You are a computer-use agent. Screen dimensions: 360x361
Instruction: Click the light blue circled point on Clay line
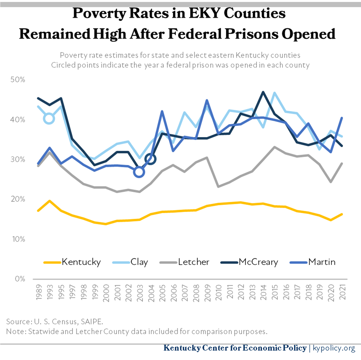pyautogui.click(x=49, y=119)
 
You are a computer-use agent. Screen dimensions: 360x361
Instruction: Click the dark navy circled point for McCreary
pyautogui.click(x=151, y=159)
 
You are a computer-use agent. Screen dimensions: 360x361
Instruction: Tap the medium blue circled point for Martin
pyautogui.click(x=139, y=172)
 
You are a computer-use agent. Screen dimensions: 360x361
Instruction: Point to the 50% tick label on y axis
pyautogui.click(x=18, y=79)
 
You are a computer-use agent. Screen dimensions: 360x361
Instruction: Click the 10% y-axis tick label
pyautogui.click(x=18, y=239)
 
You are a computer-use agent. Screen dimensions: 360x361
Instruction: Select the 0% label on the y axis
pyautogui.click(x=20, y=279)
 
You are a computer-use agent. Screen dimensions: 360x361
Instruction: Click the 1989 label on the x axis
pyautogui.click(x=39, y=292)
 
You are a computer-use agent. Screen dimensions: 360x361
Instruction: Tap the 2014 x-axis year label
pyautogui.click(x=263, y=292)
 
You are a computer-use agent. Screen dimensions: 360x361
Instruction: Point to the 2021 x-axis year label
pyautogui.click(x=342, y=292)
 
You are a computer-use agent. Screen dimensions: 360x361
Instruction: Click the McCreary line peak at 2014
pyautogui.click(x=263, y=92)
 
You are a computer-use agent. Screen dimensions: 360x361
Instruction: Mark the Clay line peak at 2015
pyautogui.click(x=274, y=93)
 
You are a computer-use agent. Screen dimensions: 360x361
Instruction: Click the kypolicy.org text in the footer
pyautogui.click(x=334, y=348)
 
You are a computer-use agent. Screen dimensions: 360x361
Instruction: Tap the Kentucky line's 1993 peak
pyautogui.click(x=49, y=201)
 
